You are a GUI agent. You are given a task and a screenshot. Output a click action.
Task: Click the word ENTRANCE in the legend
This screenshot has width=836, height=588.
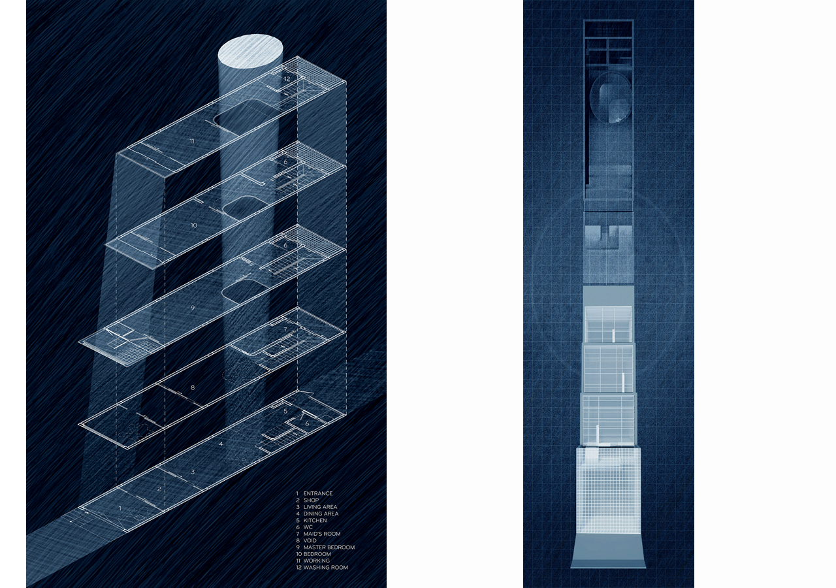(x=318, y=494)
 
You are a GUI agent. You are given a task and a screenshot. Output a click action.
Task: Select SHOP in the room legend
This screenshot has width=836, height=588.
(x=311, y=500)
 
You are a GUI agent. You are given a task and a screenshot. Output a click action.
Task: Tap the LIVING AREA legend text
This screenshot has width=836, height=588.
(x=320, y=507)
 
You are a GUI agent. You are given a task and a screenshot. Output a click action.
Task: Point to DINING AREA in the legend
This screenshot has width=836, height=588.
(x=321, y=514)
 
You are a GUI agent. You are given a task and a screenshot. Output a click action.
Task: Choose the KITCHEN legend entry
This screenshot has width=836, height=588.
(x=315, y=521)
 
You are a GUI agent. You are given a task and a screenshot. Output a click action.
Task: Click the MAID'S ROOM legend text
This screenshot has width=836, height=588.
(x=322, y=534)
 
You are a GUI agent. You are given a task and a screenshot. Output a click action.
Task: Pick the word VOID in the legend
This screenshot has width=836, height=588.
(x=310, y=541)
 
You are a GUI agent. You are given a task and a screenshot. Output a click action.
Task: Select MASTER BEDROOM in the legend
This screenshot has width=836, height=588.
(x=329, y=547)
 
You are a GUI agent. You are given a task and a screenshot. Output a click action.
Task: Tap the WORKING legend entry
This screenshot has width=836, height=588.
(x=317, y=561)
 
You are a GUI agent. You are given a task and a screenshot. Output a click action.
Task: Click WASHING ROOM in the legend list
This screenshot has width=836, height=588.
(x=325, y=568)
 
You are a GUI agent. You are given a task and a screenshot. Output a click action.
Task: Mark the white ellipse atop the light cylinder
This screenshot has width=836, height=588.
(x=250, y=52)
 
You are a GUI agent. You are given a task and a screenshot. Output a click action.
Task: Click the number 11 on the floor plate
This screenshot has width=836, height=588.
(x=192, y=140)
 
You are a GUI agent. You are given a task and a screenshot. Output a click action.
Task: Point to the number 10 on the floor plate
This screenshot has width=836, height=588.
(x=193, y=225)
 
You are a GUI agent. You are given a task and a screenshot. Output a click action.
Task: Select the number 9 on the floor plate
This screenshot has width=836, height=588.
(x=193, y=306)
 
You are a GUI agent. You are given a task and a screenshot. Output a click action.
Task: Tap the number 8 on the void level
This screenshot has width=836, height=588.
(x=192, y=387)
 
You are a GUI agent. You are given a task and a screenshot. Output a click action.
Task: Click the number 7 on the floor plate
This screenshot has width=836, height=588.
(x=285, y=330)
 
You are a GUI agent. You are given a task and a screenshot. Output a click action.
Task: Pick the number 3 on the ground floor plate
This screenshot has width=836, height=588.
(x=192, y=471)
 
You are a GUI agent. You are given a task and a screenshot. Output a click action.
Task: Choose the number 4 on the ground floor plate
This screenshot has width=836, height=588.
(x=221, y=444)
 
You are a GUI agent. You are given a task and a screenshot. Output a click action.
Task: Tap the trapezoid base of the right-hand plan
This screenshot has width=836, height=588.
(x=609, y=552)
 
